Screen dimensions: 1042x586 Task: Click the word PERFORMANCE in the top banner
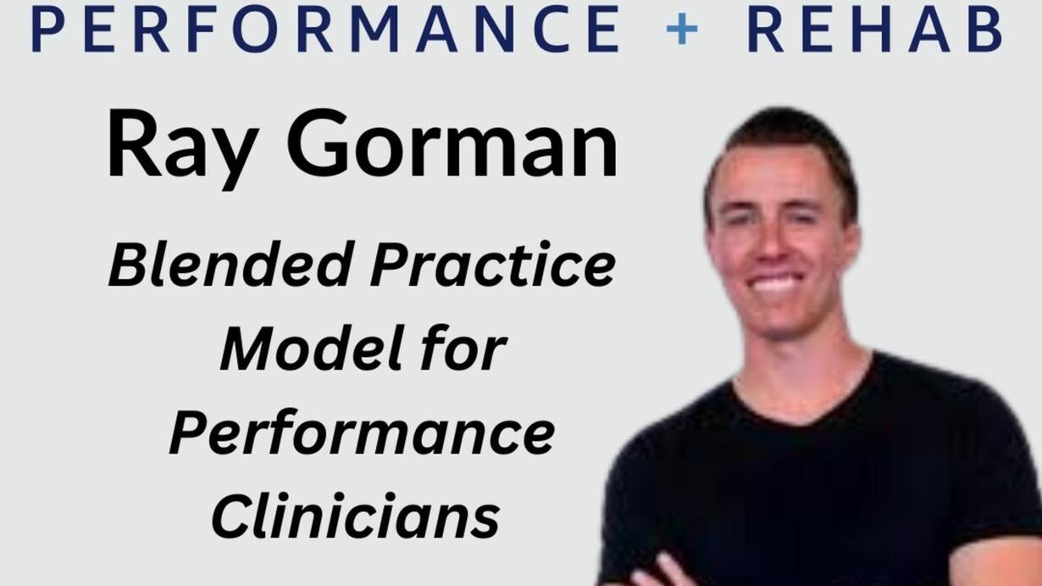pos(325,29)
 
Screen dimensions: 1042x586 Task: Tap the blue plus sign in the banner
pos(682,29)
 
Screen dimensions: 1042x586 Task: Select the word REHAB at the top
pos(875,29)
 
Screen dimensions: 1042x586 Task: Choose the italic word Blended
pos(229,264)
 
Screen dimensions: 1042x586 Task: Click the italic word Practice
pos(493,264)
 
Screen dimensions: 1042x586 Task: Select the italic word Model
pos(311,348)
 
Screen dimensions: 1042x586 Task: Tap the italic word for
pos(464,348)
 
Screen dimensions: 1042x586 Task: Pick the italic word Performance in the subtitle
pos(362,433)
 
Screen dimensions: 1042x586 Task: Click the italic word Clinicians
pos(356,516)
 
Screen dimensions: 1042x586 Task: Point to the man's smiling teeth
pos(773,282)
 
